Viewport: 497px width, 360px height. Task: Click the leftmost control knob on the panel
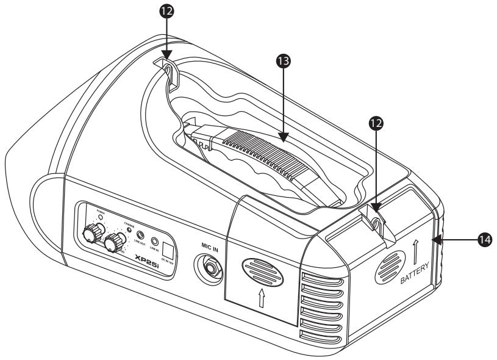click(92, 232)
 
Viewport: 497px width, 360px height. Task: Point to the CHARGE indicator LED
click(129, 229)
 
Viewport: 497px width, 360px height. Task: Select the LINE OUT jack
click(141, 235)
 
